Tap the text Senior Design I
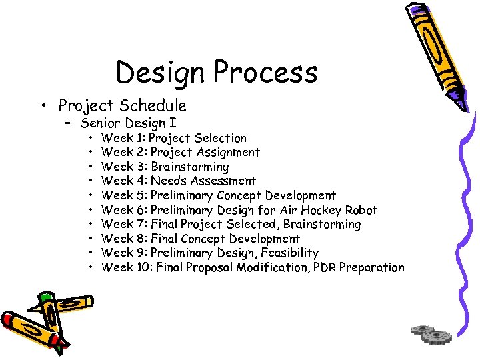pos(128,123)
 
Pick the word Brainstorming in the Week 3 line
pos(190,167)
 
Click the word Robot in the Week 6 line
pos(361,210)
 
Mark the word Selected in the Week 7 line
pos(248,224)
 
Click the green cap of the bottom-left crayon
pos(45,297)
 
